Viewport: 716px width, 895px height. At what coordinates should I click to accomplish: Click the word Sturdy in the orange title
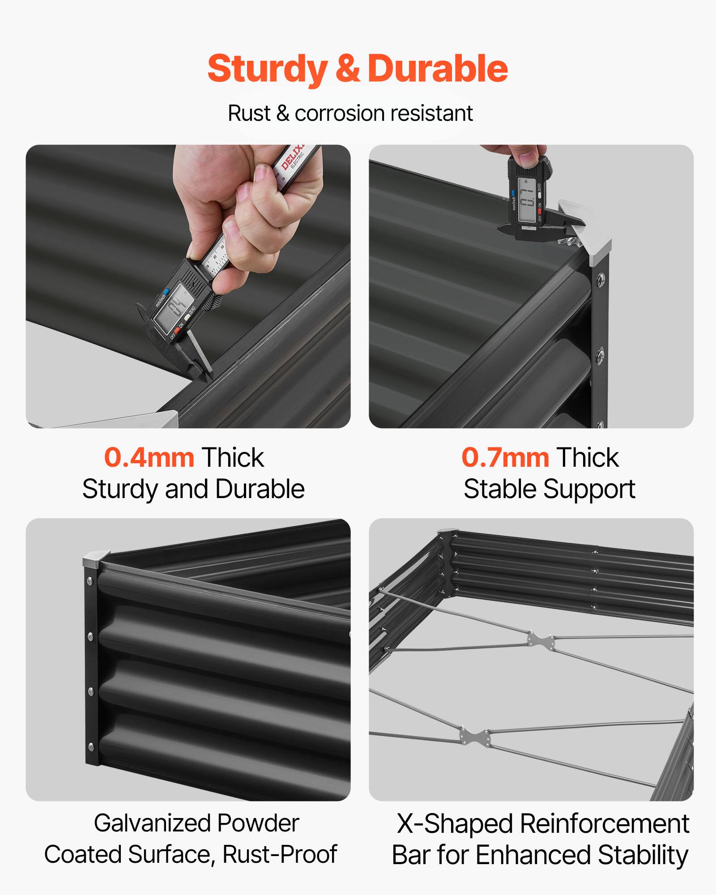[x=267, y=69]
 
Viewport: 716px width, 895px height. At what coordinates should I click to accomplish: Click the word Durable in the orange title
[x=437, y=69]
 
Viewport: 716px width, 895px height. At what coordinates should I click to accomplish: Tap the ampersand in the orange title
[x=347, y=69]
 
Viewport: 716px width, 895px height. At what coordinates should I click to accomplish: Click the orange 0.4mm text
[x=149, y=458]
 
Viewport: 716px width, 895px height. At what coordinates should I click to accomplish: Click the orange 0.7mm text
[x=505, y=458]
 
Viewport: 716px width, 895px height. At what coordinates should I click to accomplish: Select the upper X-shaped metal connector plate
[x=541, y=641]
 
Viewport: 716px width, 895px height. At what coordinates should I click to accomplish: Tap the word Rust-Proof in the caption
[x=279, y=854]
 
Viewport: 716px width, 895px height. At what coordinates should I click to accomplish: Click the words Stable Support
[x=549, y=489]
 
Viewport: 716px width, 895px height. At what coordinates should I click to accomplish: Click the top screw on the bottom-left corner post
[x=90, y=582]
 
